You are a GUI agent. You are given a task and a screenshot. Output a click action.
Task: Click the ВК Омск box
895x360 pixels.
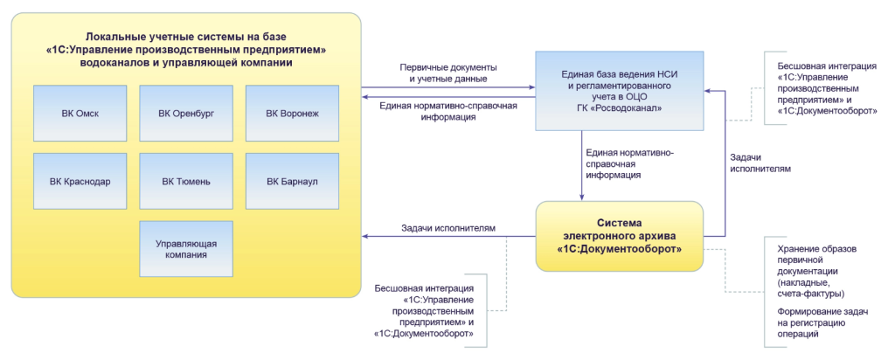point(80,113)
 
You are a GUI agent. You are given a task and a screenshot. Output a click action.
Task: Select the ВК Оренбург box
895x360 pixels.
point(186,113)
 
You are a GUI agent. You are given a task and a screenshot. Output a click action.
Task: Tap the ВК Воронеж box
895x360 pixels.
point(293,113)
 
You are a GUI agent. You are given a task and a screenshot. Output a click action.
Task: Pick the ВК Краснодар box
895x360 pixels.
point(80,181)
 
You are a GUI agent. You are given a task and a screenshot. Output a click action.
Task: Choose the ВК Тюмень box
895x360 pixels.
point(186,181)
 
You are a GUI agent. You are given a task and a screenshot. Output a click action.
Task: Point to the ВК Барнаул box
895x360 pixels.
point(293,181)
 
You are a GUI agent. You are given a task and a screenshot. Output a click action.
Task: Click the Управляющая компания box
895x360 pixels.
point(186,249)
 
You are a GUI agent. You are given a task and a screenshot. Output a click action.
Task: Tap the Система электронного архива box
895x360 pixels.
point(620,235)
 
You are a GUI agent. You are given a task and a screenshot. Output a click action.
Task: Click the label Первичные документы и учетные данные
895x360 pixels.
point(448,73)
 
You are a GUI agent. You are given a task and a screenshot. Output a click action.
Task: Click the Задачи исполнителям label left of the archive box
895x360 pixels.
point(448,228)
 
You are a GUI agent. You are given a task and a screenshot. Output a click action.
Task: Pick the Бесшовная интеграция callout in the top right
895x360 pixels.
point(825,88)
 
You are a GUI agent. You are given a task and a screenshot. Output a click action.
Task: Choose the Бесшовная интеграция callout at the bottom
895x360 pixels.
point(424,310)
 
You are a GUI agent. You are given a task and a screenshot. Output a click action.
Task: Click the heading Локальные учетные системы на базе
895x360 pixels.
point(185,35)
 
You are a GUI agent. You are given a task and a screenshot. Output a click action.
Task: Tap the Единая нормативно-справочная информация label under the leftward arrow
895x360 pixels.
point(448,111)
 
